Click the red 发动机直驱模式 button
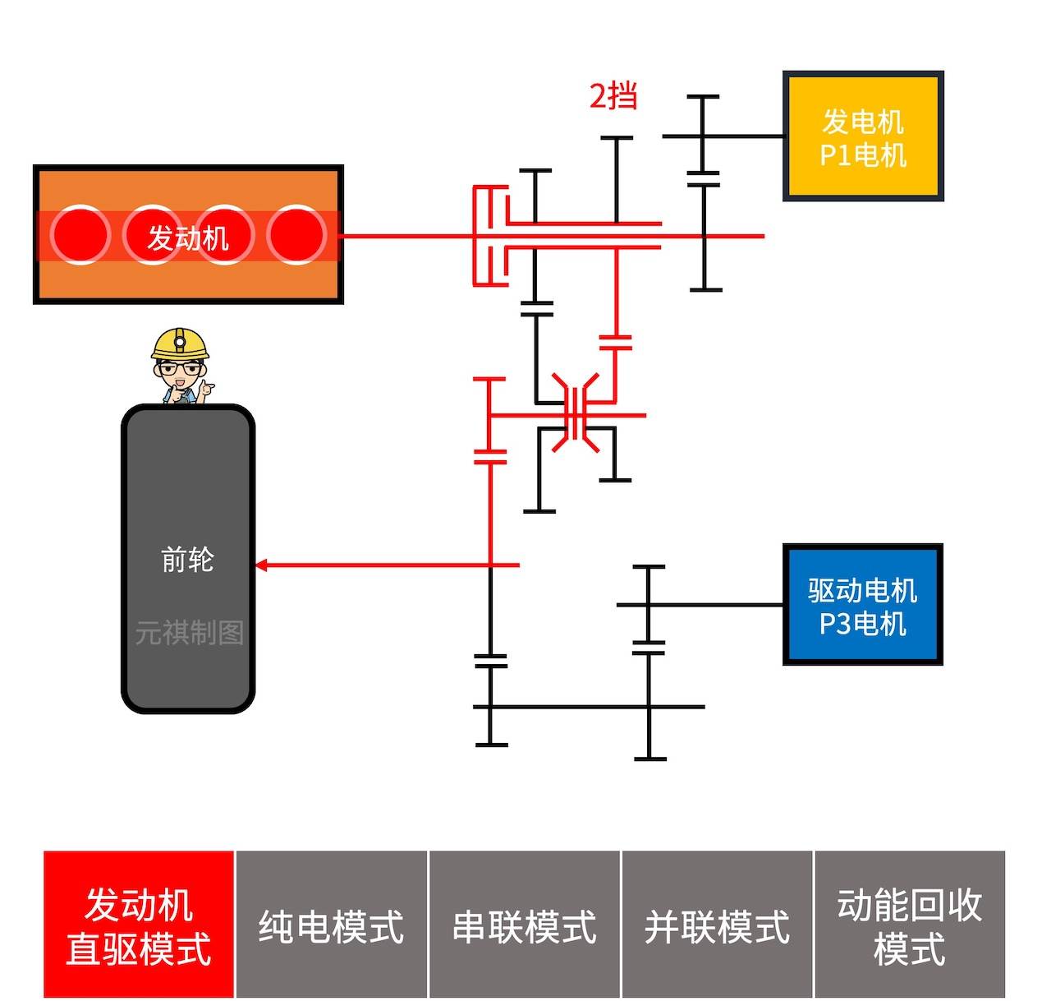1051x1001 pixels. (x=139, y=925)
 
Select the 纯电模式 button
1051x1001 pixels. (x=332, y=925)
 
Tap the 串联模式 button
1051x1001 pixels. (x=525, y=925)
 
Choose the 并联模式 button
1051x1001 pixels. (x=717, y=925)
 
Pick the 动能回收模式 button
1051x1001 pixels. (x=910, y=925)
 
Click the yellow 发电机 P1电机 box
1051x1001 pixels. (x=863, y=136)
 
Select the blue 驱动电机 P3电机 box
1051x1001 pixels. (x=862, y=605)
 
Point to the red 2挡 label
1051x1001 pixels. (x=613, y=96)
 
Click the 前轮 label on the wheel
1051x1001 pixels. (x=188, y=560)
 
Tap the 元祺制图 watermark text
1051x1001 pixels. (x=190, y=633)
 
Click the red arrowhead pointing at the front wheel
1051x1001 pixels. (x=261, y=565)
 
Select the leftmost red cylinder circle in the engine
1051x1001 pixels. (x=80, y=235)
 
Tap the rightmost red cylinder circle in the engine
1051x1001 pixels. (x=296, y=235)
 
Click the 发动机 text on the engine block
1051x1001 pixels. (x=188, y=238)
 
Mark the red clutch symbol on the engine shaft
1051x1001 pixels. (x=490, y=236)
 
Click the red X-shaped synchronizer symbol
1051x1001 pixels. (x=576, y=413)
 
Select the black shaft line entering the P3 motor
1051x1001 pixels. (x=714, y=605)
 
